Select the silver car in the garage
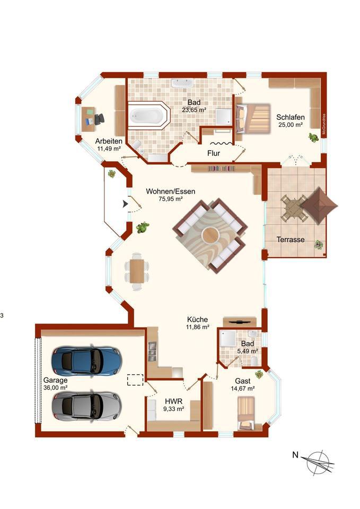[86, 406]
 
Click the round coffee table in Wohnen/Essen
[210, 235]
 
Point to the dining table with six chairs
[137, 271]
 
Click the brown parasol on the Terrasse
[319, 206]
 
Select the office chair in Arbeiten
[99, 119]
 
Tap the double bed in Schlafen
[253, 118]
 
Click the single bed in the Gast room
[245, 413]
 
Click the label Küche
[197, 319]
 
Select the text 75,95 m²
[170, 199]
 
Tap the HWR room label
[174, 401]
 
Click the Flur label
[214, 153]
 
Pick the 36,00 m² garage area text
[56, 388]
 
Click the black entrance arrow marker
[125, 204]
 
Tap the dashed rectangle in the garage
[135, 380]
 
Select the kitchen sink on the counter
[152, 350]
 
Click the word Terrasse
[291, 240]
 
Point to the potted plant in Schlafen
[313, 137]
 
